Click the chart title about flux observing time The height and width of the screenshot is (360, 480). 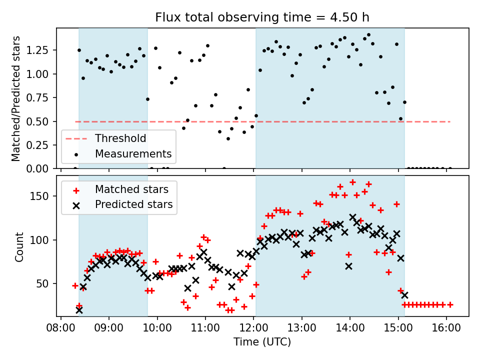click(x=262, y=17)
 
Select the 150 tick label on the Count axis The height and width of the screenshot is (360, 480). click(x=45, y=196)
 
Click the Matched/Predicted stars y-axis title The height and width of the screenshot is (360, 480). click(x=16, y=98)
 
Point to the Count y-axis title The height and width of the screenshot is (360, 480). click(x=19, y=246)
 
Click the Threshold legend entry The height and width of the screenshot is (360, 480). click(x=120, y=138)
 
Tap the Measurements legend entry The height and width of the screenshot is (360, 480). click(x=133, y=154)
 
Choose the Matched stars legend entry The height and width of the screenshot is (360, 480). click(x=131, y=189)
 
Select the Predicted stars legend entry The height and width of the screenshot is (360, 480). click(x=133, y=204)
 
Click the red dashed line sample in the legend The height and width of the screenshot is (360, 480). click(x=75, y=138)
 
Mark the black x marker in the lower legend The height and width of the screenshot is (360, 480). click(x=75, y=204)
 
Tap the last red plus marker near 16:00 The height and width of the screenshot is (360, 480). click(x=450, y=304)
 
